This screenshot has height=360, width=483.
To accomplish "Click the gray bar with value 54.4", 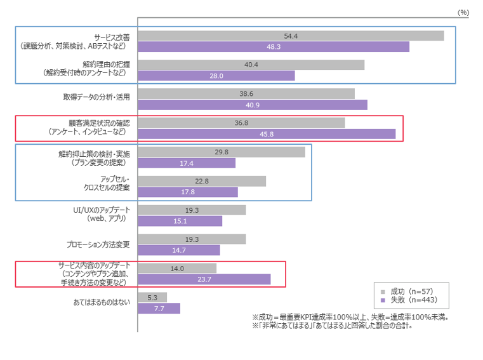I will coord(291,36).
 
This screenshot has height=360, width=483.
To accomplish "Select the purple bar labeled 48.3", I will coord(274,47).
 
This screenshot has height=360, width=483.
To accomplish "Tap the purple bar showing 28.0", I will coord(216,76).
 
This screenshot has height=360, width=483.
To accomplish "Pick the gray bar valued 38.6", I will coord(246,93).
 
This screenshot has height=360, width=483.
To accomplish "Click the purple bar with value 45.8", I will coord(267,134).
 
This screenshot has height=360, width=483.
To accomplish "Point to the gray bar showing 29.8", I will coord(222,152).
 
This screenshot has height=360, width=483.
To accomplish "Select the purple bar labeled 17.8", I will coord(188,192).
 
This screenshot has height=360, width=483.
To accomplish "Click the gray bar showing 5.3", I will coord(152,297).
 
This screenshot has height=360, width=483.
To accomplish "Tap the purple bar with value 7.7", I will coord(159,309).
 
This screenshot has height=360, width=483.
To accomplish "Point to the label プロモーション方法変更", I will coord(98,244).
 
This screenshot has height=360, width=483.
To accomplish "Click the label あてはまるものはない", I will coord(102,302).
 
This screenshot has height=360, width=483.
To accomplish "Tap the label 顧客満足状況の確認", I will coord(99,123).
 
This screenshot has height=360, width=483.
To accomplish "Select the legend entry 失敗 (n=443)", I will coord(413,299).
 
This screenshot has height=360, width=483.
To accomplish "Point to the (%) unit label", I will coord(463,11).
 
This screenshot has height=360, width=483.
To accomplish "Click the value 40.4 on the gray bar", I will coord(251,64).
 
